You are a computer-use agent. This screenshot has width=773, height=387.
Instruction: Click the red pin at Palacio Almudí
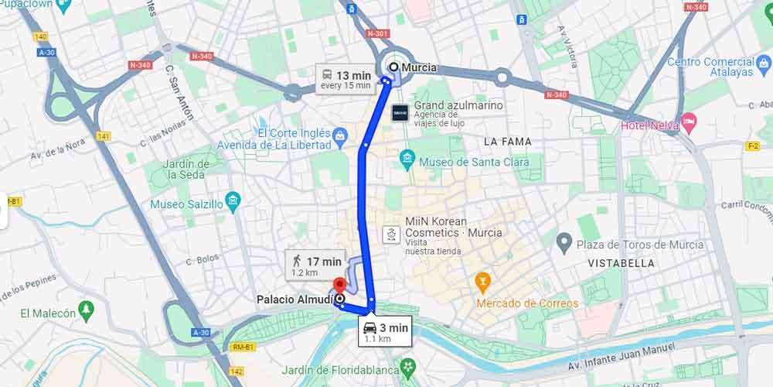pyautogui.click(x=339, y=284)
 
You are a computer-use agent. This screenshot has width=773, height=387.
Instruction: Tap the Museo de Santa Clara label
pyautogui.click(x=474, y=162)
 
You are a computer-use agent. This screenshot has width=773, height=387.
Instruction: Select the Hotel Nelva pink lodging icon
pyautogui.click(x=688, y=122)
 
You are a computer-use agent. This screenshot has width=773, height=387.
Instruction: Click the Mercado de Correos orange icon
pyautogui.click(x=483, y=279)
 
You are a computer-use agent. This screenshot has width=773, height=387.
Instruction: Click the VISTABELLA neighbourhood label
pyautogui.click(x=621, y=263)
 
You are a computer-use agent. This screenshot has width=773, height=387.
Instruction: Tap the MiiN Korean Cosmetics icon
pyautogui.click(x=391, y=231)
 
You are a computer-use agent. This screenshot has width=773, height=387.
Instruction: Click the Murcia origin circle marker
pyautogui.click(x=393, y=67)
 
